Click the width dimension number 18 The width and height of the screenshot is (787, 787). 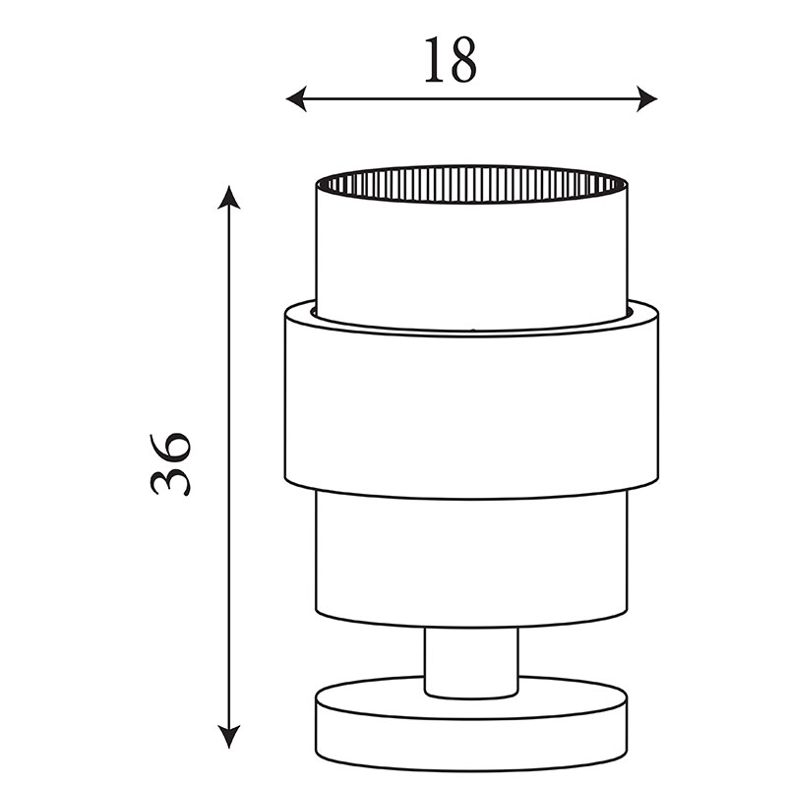[x=451, y=60]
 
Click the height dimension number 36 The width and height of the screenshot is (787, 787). [x=170, y=463]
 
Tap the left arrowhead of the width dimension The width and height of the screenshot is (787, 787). [x=296, y=99]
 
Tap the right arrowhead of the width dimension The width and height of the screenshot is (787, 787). [x=647, y=99]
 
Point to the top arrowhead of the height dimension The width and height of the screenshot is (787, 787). [x=229, y=197]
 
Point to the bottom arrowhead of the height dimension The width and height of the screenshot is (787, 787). [x=229, y=737]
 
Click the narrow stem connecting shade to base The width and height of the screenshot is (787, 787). [x=471, y=662]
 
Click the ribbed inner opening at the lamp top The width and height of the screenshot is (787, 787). [x=471, y=185]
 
